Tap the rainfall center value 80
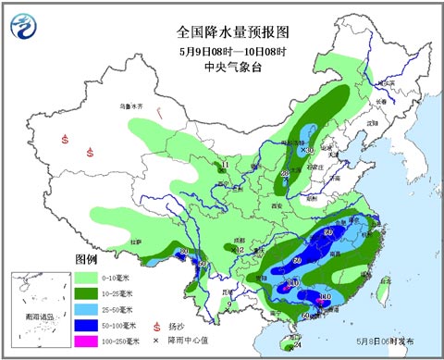coord(185,253)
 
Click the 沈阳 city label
coord(372,122)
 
